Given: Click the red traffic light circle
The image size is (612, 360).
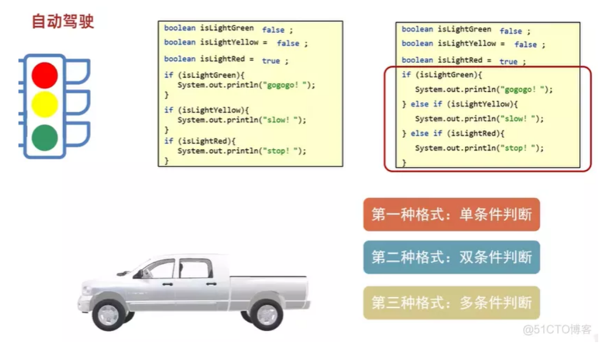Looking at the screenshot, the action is pyautogui.click(x=44, y=76).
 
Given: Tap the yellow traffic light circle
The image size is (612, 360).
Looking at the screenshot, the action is pyautogui.click(x=44, y=105).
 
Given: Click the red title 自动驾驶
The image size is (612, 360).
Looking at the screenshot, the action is pyautogui.click(x=63, y=22).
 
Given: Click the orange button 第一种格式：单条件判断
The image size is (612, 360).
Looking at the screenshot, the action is pyautogui.click(x=451, y=215).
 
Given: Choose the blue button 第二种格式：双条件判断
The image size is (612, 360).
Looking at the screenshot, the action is pyautogui.click(x=451, y=257).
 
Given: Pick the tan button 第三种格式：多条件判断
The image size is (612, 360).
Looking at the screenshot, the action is pyautogui.click(x=451, y=302).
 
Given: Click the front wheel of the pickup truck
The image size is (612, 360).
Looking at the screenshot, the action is pyautogui.click(x=109, y=314).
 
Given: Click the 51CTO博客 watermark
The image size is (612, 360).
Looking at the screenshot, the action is pyautogui.click(x=557, y=329).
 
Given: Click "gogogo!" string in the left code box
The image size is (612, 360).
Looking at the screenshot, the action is pyautogui.click(x=287, y=85).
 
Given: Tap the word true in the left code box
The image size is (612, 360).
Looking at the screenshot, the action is pyautogui.click(x=271, y=61).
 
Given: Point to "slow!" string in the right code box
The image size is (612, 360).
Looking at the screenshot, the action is pyautogui.click(x=522, y=119).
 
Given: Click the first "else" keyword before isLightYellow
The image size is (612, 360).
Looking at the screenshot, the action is pyautogui.click(x=419, y=104).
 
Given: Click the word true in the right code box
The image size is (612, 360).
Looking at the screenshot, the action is pyautogui.click(x=508, y=62).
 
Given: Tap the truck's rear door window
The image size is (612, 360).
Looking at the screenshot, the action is pyautogui.click(x=196, y=268).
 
